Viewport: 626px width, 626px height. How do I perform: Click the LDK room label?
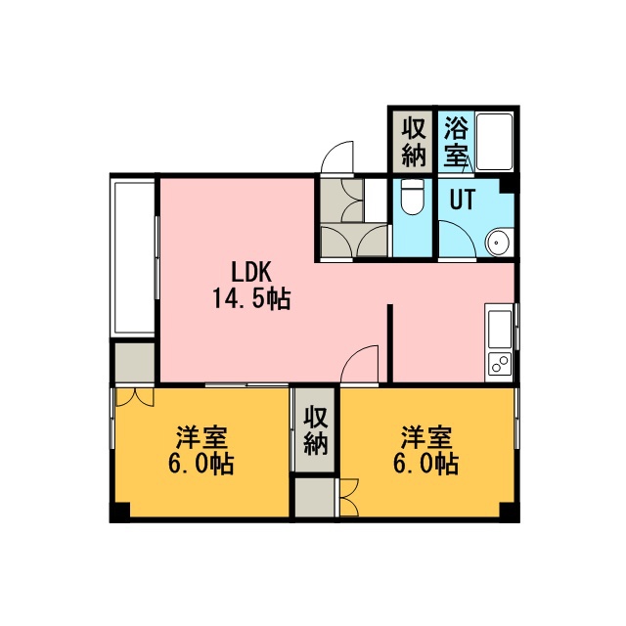click(251, 274)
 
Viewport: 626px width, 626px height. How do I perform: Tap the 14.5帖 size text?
click(251, 298)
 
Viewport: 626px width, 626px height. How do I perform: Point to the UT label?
click(463, 199)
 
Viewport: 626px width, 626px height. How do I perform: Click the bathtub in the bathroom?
click(494, 142)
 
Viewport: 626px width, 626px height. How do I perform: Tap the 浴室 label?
click(457, 141)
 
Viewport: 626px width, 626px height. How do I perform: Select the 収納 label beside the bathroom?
click(414, 142)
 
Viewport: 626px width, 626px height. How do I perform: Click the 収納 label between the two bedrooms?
click(316, 430)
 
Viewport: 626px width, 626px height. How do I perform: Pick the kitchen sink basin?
click(500, 329)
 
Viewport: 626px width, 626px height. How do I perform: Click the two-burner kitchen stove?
click(500, 364)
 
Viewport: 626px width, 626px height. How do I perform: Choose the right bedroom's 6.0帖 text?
click(426, 463)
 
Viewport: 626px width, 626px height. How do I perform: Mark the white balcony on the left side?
click(134, 257)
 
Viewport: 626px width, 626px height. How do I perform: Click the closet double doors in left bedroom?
click(135, 397)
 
